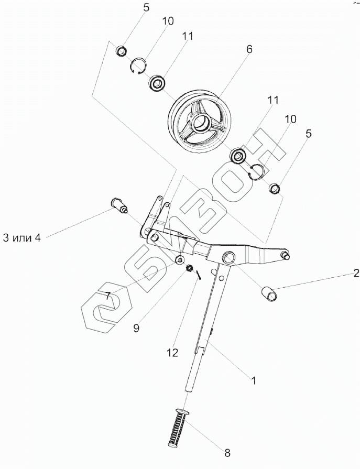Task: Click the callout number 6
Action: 249,49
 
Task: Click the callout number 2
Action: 356,272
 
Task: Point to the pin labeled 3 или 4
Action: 118,204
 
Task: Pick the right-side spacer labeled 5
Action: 274,187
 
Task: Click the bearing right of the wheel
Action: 239,155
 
